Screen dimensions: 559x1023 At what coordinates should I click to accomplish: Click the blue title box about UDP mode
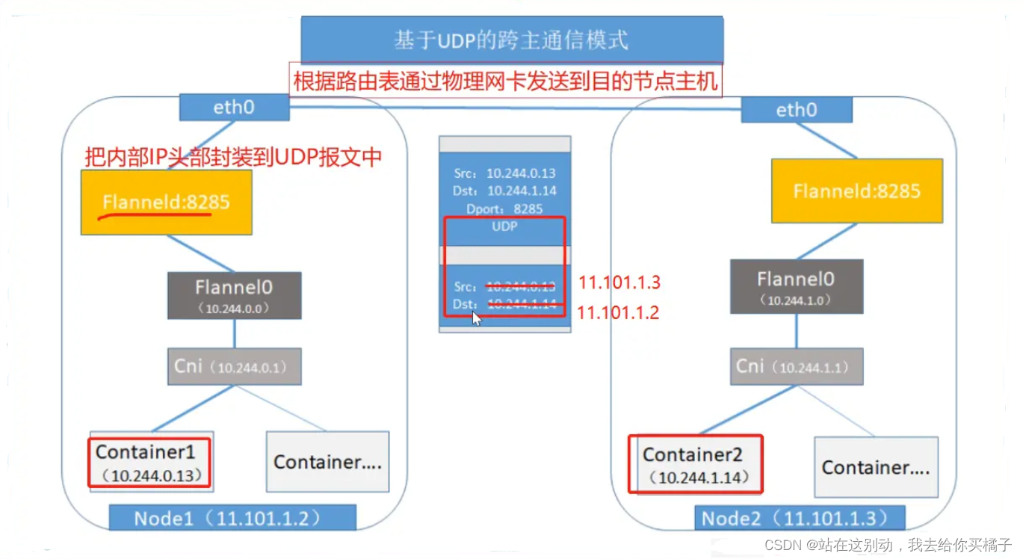tap(511, 40)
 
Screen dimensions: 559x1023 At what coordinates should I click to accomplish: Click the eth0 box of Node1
tap(234, 108)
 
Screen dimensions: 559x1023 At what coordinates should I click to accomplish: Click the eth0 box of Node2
tap(797, 111)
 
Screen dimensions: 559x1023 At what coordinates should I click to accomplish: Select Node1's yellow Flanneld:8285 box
tap(166, 202)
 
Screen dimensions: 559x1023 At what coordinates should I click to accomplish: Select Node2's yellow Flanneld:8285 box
tap(856, 191)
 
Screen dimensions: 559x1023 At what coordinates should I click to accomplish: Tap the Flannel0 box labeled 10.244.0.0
tap(234, 295)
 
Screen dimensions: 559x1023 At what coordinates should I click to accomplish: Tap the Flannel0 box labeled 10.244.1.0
tap(796, 286)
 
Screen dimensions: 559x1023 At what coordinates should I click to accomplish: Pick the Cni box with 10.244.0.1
tap(234, 366)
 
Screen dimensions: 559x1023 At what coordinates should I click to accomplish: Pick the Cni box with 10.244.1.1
tap(796, 365)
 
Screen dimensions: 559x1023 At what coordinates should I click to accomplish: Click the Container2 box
tap(695, 464)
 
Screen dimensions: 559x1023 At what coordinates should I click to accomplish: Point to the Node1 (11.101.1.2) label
tap(232, 518)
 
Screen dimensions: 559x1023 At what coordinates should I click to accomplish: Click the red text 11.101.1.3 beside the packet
tap(619, 283)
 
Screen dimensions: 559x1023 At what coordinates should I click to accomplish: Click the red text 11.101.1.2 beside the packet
tap(618, 312)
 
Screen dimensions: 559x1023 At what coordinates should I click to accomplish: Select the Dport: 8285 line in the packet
tap(504, 209)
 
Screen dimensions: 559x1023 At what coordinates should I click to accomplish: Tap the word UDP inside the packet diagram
tap(504, 226)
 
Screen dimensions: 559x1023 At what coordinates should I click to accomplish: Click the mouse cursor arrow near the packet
tap(477, 318)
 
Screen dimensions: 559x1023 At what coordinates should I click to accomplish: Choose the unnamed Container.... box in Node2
tap(875, 468)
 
